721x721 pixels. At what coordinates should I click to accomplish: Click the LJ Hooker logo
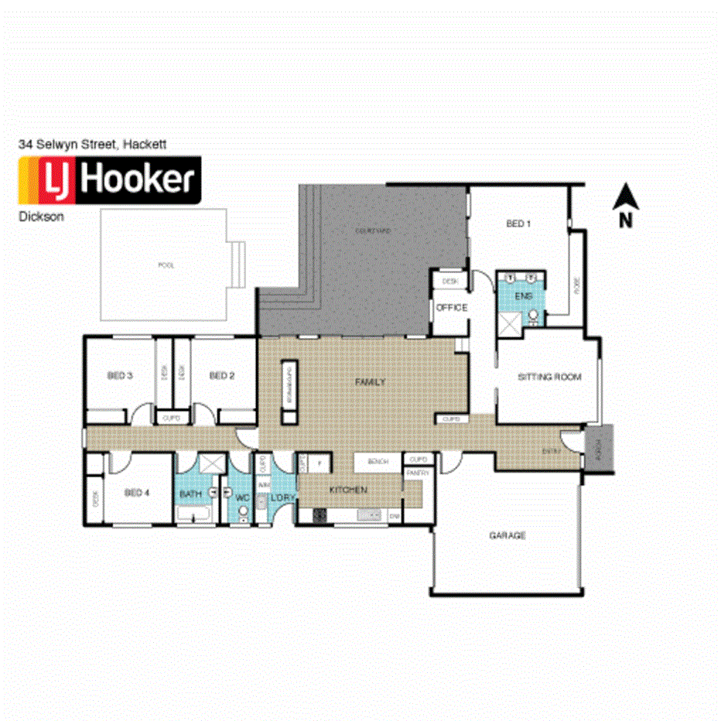(x=110, y=180)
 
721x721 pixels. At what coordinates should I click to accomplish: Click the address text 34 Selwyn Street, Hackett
(x=92, y=144)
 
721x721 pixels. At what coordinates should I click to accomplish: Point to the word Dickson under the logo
(x=41, y=217)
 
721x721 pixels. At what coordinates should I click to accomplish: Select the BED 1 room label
(x=518, y=224)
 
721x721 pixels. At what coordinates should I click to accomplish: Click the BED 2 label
(x=221, y=376)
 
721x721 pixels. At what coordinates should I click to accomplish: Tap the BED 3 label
(x=120, y=376)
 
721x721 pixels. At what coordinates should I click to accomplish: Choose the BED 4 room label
(x=136, y=493)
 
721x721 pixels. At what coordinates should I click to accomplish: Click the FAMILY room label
(x=370, y=382)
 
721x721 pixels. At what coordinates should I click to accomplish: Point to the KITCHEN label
(x=347, y=490)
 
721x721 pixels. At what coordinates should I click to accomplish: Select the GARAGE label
(x=507, y=535)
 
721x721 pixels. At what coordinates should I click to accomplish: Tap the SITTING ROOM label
(x=548, y=377)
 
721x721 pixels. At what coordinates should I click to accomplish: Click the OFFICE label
(x=452, y=308)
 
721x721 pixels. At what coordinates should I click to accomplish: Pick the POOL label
(x=166, y=265)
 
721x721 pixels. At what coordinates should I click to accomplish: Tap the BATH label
(x=190, y=494)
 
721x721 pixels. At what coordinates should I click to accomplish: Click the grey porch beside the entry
(x=599, y=448)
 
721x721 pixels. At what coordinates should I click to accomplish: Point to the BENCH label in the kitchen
(x=378, y=462)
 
